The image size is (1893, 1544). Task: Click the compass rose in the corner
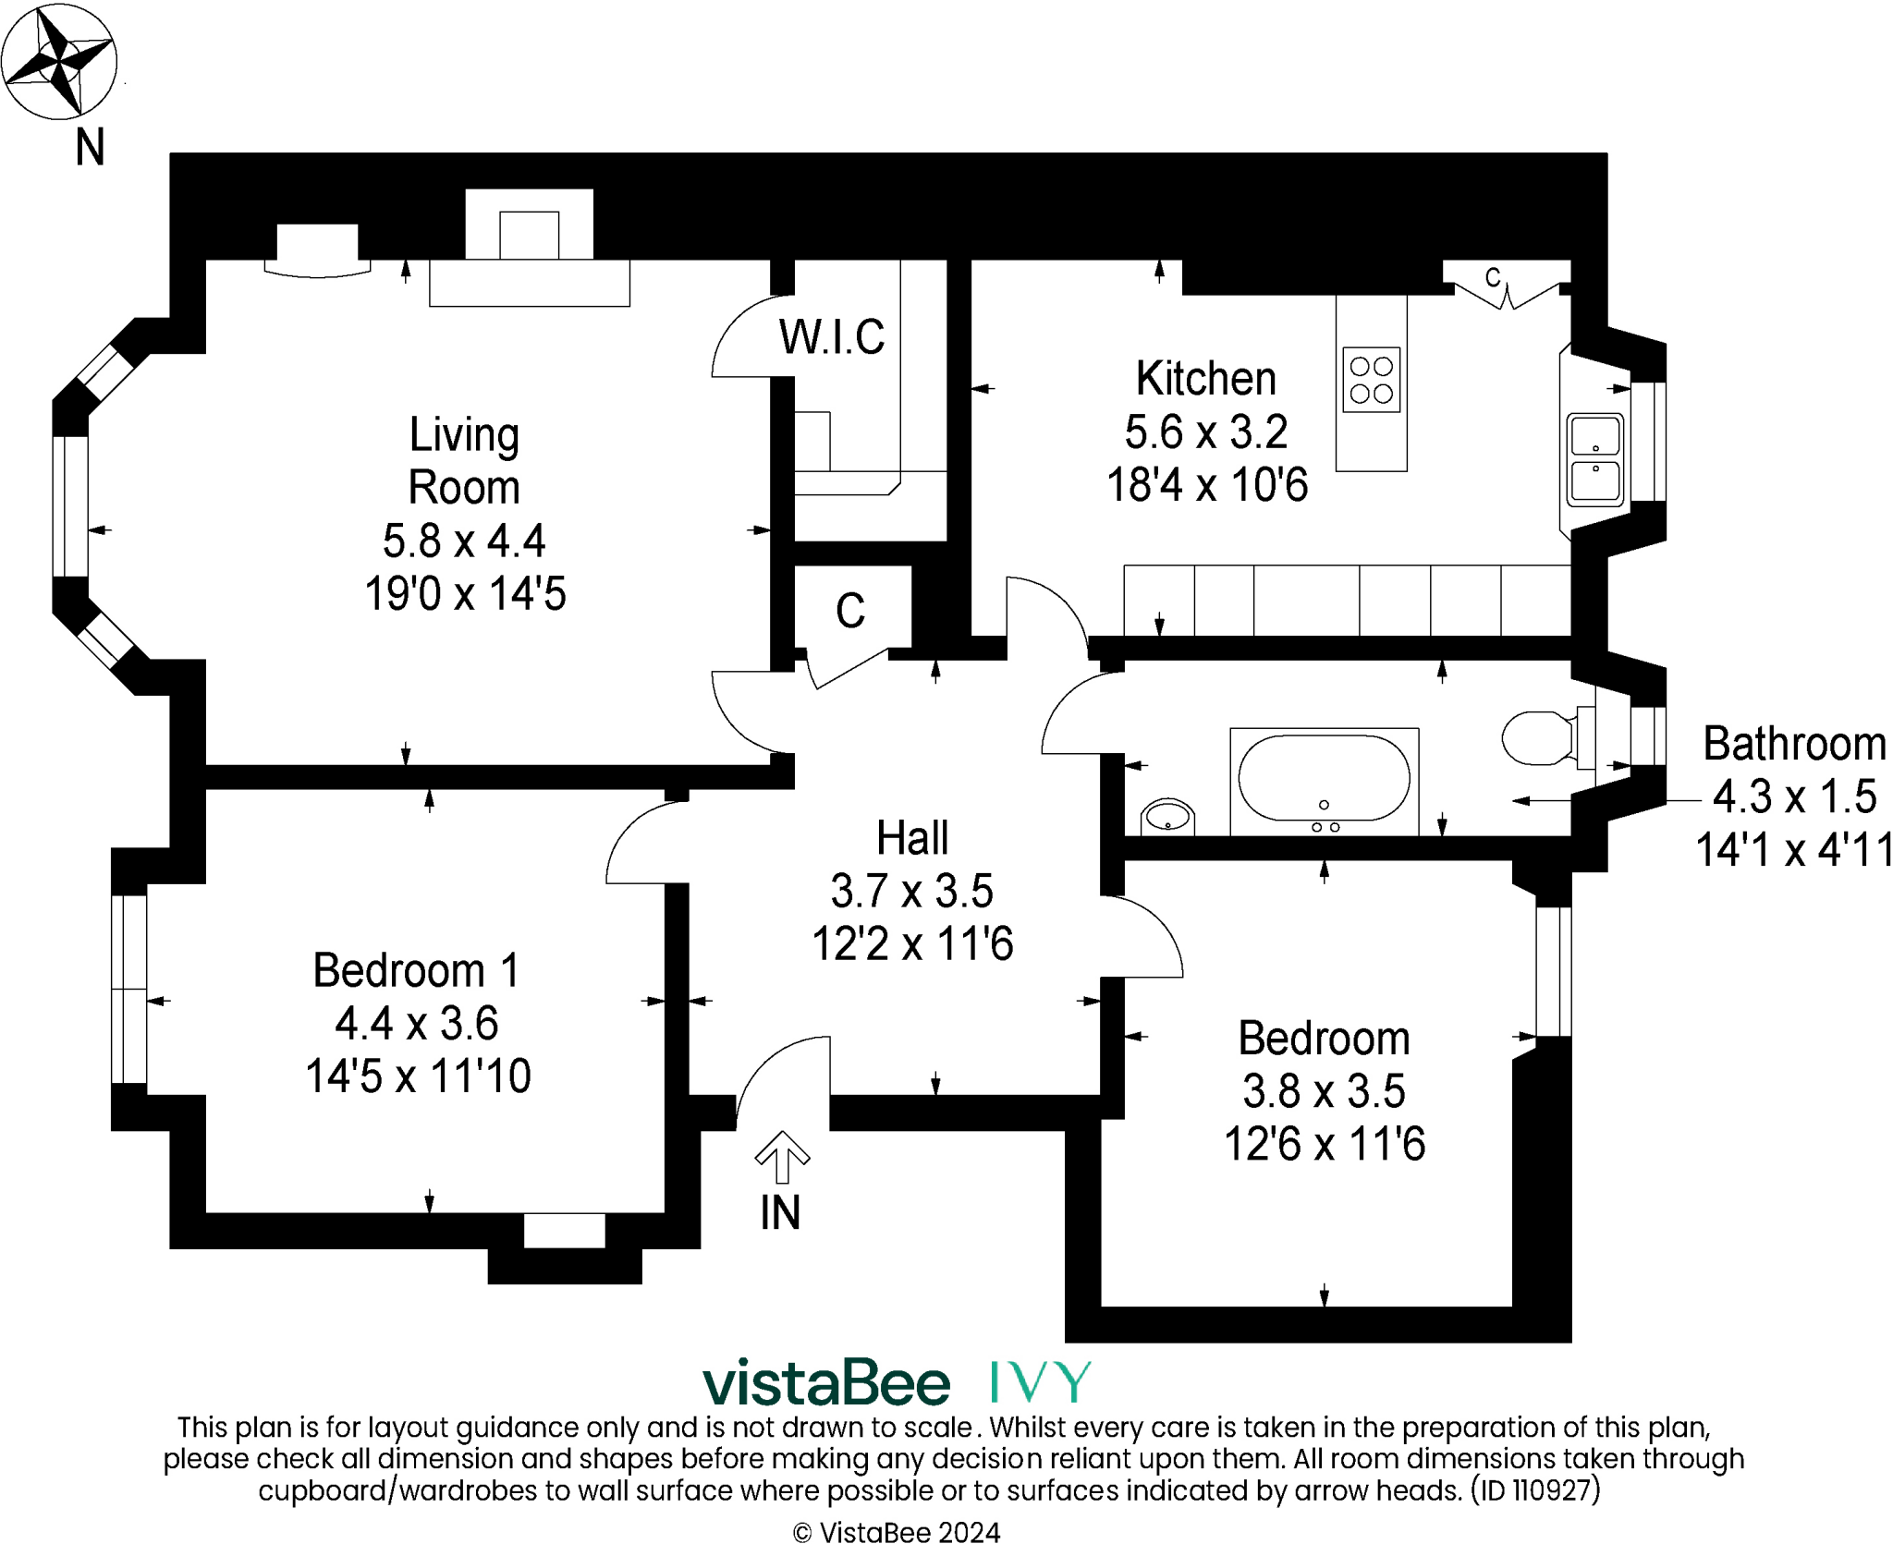click(x=59, y=61)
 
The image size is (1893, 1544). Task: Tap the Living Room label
click(x=464, y=460)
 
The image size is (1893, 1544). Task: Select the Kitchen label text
click(x=1206, y=378)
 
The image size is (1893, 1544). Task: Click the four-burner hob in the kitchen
click(x=1372, y=380)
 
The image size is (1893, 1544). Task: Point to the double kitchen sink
click(x=1595, y=460)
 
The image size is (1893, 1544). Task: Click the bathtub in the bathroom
click(x=1324, y=781)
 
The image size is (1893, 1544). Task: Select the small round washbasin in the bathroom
click(x=1167, y=817)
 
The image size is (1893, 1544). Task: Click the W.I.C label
click(x=832, y=336)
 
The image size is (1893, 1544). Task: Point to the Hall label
click(x=912, y=838)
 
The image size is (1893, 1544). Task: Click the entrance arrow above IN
click(x=783, y=1157)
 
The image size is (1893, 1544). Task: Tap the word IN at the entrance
click(x=780, y=1212)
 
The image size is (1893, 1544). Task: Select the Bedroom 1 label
click(x=417, y=970)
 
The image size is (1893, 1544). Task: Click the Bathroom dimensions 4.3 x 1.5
click(x=1795, y=796)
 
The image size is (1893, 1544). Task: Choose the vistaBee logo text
click(x=826, y=1382)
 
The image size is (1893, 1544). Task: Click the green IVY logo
click(x=1040, y=1381)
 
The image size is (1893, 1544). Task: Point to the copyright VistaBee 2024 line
click(x=897, y=1532)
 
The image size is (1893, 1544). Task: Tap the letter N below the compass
click(x=90, y=147)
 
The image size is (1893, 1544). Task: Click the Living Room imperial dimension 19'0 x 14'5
click(x=465, y=593)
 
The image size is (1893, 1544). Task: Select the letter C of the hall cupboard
click(x=850, y=611)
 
